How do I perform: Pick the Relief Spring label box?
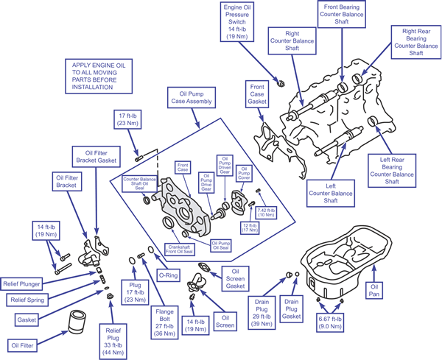click(x=29, y=300)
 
